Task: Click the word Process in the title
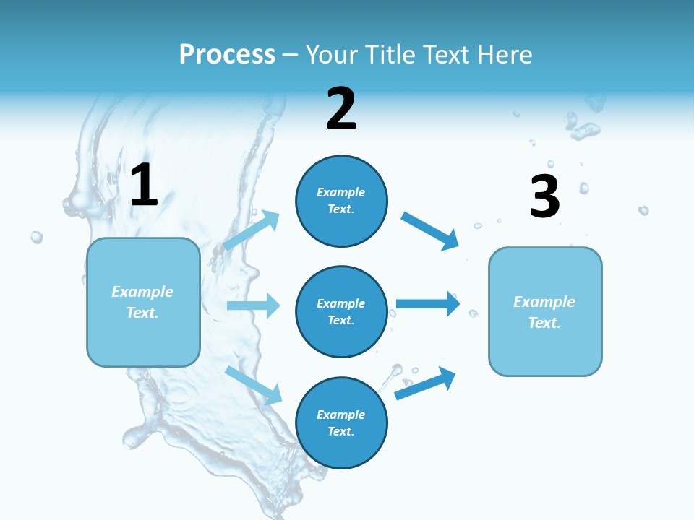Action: click(227, 54)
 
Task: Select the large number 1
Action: click(144, 186)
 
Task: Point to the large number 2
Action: click(341, 110)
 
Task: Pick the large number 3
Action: click(544, 197)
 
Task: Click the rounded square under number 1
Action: click(143, 302)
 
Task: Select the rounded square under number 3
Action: click(545, 311)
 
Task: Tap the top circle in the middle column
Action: click(341, 201)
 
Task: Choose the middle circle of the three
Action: click(341, 311)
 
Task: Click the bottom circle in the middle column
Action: click(341, 422)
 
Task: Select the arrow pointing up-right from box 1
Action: click(252, 230)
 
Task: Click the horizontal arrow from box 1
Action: click(253, 305)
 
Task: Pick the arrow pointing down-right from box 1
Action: click(253, 384)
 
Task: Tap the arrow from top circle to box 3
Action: click(430, 230)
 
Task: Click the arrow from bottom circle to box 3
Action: click(425, 383)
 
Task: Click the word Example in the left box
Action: click(142, 292)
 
